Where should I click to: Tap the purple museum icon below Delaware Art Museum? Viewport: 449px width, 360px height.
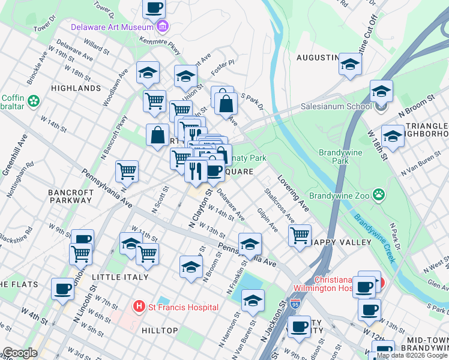click(x=162, y=27)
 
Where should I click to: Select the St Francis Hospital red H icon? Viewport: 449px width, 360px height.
click(x=139, y=307)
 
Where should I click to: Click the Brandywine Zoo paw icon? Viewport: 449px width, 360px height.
click(x=379, y=194)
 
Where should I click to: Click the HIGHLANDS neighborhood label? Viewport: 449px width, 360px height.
click(x=76, y=88)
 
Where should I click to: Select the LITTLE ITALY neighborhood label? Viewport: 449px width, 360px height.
click(x=120, y=277)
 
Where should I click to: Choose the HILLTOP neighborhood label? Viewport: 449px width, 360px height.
click(x=159, y=331)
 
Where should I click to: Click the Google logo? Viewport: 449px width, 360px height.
click(x=20, y=353)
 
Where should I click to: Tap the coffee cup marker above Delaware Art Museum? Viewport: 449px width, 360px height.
click(x=154, y=8)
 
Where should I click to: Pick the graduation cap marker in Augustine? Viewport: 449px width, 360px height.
click(x=350, y=65)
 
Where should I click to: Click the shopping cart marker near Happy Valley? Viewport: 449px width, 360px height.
click(x=300, y=235)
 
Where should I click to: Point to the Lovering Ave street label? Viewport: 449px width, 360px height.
click(x=294, y=193)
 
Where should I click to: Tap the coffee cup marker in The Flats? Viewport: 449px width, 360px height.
click(x=63, y=289)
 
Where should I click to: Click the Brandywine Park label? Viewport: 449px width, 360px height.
click(x=341, y=157)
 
